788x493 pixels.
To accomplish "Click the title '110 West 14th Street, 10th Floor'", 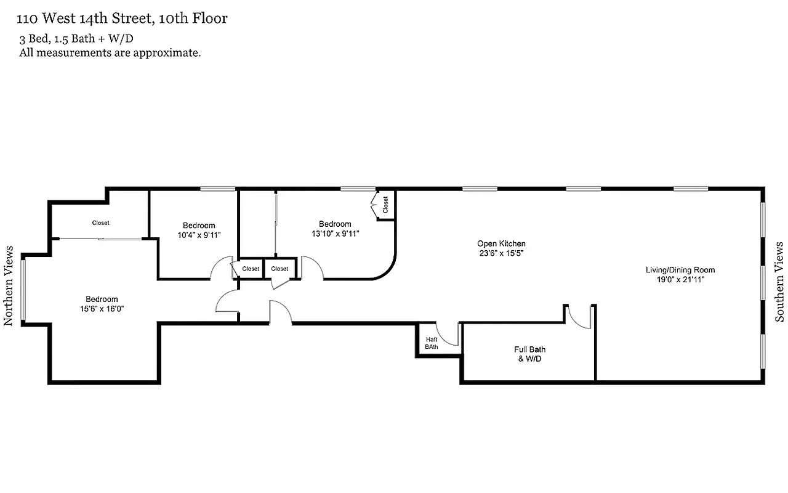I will [x=123, y=19].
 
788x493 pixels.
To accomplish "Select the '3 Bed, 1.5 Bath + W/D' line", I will [x=76, y=39].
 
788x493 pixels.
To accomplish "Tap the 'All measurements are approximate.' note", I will [x=110, y=53].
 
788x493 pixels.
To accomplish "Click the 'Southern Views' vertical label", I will [x=779, y=282].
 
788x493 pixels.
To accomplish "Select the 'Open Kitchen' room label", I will [x=501, y=243].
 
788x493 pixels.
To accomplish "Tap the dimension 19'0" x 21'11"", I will [x=680, y=279].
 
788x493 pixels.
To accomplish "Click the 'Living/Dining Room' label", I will [x=680, y=270].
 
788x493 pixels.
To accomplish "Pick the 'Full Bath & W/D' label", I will [x=529, y=354].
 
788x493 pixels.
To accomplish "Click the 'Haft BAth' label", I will [x=431, y=343].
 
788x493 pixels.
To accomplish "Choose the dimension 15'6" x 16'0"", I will [x=102, y=309].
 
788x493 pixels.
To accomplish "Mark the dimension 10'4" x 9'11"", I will [x=199, y=235].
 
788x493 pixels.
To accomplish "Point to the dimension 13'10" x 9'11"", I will [x=334, y=234].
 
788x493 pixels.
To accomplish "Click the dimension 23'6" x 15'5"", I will [x=501, y=253].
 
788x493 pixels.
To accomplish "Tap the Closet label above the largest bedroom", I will [x=100, y=223].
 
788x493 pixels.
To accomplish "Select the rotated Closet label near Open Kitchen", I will [x=386, y=205].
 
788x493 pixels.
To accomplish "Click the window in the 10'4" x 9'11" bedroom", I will [x=218, y=189].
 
